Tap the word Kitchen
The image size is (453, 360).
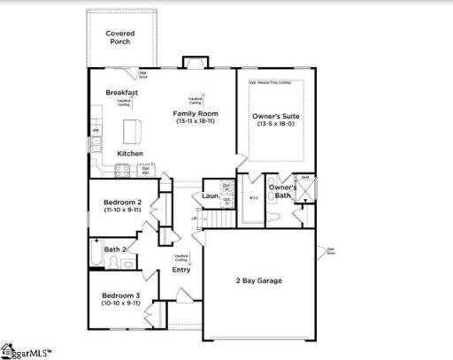click(x=130, y=154)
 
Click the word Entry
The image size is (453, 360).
click(x=181, y=270)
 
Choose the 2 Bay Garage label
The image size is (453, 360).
click(x=258, y=280)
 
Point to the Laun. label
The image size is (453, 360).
click(x=210, y=195)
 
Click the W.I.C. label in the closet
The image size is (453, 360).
click(x=253, y=198)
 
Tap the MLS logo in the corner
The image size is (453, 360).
click(x=27, y=352)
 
